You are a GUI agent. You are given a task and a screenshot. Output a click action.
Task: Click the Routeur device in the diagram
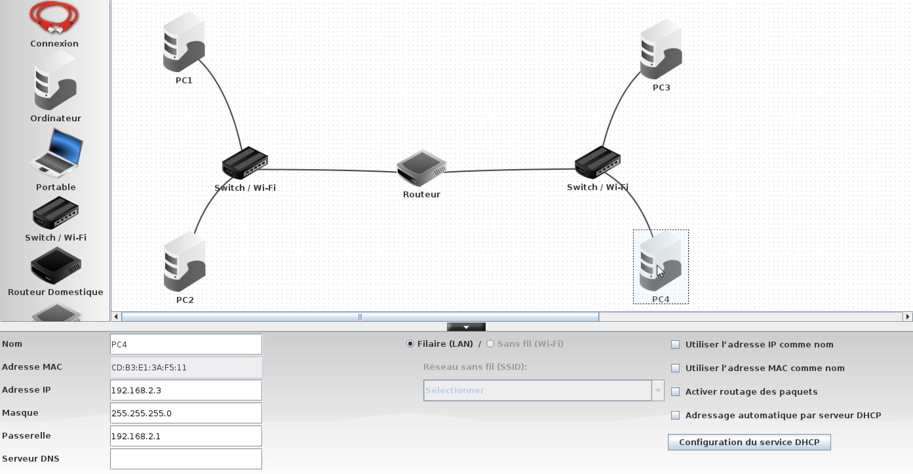click(421, 168)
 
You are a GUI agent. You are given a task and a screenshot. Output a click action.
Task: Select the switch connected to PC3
click(597, 162)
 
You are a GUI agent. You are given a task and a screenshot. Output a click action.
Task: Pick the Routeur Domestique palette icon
click(56, 266)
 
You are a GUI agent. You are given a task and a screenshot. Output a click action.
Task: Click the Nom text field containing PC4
click(186, 344)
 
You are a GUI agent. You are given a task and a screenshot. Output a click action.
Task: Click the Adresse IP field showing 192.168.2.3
click(186, 390)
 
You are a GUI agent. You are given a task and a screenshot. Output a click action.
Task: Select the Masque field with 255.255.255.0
click(186, 413)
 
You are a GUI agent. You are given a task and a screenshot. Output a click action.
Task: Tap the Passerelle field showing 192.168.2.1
click(186, 436)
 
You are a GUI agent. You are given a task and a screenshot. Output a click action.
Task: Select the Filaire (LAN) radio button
click(410, 344)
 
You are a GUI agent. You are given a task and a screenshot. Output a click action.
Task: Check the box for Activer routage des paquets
click(675, 392)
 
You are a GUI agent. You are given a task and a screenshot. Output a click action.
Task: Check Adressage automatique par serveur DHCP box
click(675, 415)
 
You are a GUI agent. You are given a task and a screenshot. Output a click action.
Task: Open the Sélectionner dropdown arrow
click(658, 390)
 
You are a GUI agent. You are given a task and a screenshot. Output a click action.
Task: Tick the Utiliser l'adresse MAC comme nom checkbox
click(675, 368)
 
